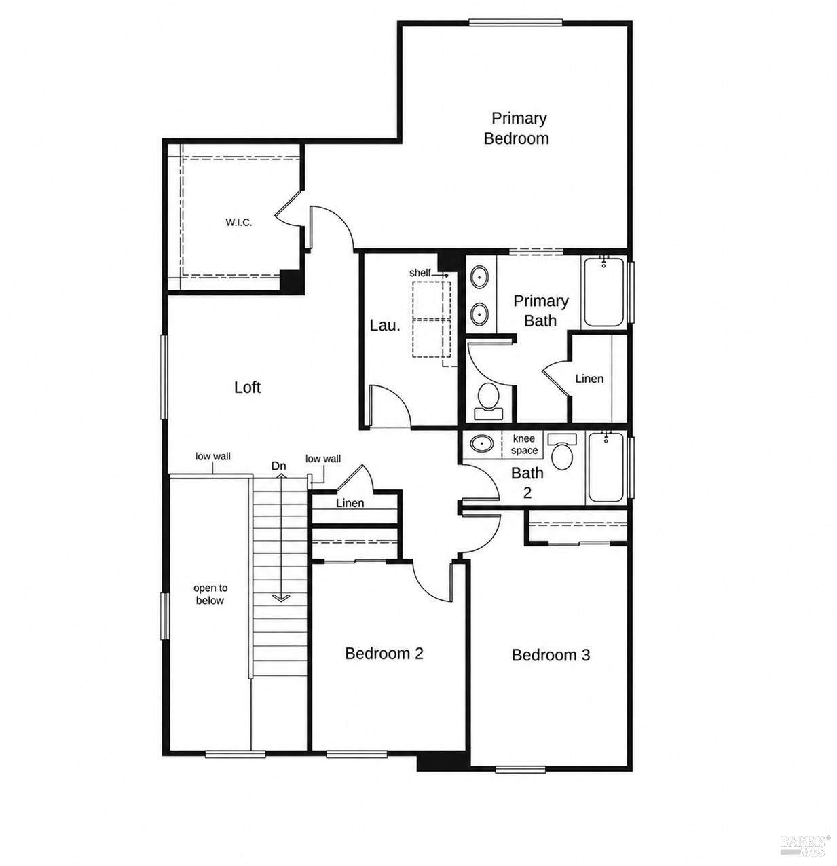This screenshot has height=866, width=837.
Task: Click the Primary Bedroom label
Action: [516, 128]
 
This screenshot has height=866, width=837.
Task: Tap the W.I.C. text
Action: [239, 222]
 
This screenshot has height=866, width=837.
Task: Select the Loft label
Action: [247, 387]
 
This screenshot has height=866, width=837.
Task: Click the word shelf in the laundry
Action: [420, 272]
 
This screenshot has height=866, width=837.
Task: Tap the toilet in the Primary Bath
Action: [488, 401]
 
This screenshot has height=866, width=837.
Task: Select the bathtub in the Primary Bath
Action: [603, 291]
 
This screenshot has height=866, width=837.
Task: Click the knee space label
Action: [524, 444]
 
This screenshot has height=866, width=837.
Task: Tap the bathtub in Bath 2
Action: [605, 467]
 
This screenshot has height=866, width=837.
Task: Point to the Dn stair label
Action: [279, 466]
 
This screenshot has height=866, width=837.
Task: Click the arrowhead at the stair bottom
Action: [280, 598]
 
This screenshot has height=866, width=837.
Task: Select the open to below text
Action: [210, 594]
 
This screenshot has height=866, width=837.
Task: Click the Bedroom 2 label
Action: [384, 654]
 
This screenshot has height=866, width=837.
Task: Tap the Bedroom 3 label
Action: [551, 655]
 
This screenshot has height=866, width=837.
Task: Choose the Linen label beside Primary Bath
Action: [589, 379]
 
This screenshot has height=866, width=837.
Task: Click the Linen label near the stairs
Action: [350, 503]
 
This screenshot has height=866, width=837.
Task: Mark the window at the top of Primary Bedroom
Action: [515, 22]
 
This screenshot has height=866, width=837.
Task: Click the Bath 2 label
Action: [527, 483]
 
